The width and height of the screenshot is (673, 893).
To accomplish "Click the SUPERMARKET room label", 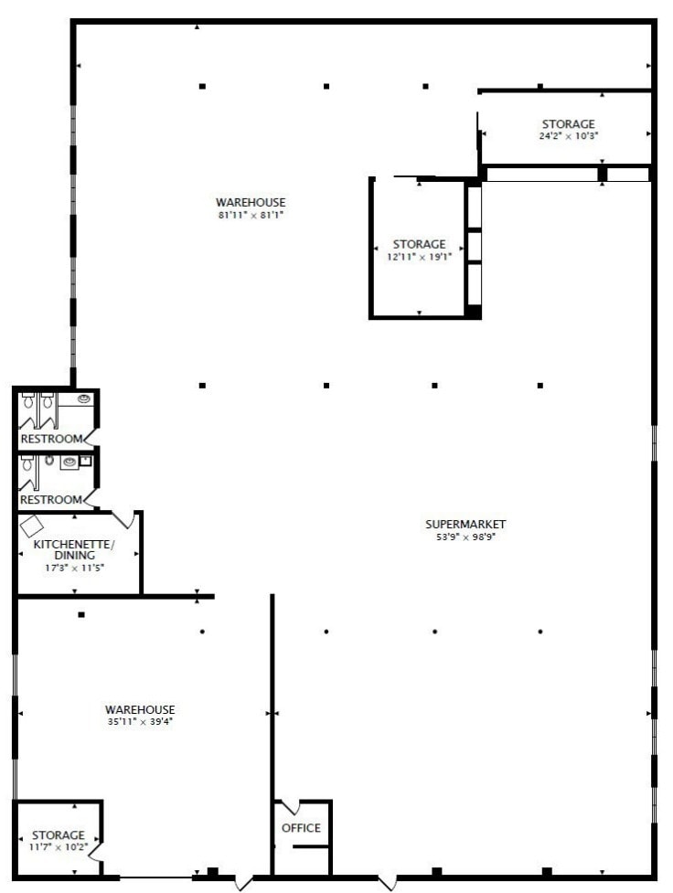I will (x=465, y=524).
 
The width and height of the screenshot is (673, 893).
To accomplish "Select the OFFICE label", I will (x=301, y=828).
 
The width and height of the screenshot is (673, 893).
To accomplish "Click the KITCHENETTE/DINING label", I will (x=74, y=549).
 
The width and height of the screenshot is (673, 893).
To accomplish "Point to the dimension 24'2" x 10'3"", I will (x=568, y=135).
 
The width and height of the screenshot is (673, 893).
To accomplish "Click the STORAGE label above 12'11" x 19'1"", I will (x=419, y=244).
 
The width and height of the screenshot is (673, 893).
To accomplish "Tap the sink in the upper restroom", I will (x=85, y=399).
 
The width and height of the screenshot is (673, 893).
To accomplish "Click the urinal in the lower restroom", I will (x=48, y=461).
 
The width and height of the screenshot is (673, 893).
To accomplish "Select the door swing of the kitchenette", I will (x=126, y=519).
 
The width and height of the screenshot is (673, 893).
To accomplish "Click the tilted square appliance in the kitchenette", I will (x=33, y=526).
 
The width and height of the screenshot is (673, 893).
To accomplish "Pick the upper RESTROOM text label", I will (x=52, y=439).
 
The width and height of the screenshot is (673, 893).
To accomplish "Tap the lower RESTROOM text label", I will (x=52, y=500).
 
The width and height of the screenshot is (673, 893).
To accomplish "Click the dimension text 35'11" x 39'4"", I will (x=140, y=721).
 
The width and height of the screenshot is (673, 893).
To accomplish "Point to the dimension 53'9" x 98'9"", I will (x=465, y=537).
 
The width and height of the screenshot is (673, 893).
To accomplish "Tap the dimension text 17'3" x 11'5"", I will (x=74, y=568).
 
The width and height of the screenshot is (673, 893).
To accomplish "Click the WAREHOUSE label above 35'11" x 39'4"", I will (x=140, y=709).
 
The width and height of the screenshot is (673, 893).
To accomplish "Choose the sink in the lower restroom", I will (x=68, y=462).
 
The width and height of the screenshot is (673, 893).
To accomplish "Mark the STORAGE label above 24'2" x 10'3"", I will (x=568, y=123).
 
